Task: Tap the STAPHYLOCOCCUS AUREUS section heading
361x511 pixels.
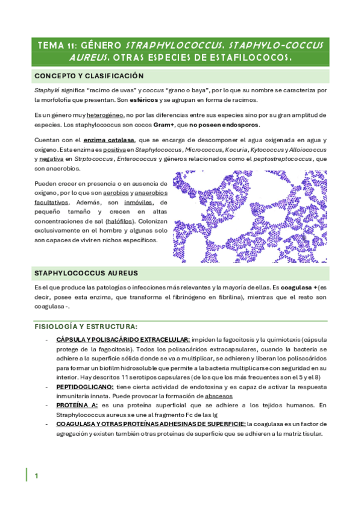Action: coord(86,273)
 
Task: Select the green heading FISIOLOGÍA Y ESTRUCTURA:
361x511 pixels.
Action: coord(86,327)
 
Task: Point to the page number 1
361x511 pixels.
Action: coord(37,476)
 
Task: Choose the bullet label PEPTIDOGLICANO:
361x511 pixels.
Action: coord(84,386)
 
